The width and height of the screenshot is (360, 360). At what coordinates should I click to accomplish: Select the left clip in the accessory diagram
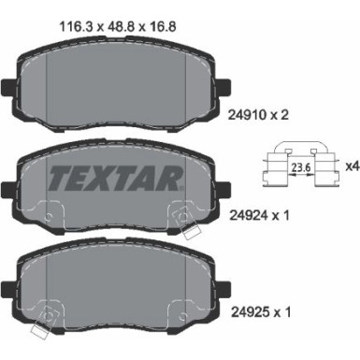(276, 168)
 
